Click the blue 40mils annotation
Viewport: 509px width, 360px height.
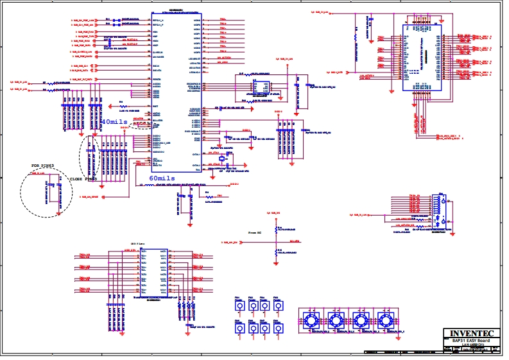coord(114,121)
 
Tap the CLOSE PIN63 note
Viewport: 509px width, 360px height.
coord(83,179)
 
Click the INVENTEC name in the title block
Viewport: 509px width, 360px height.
coord(472,334)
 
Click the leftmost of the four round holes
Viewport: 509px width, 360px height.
coord(311,320)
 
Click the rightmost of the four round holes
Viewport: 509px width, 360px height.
coord(385,320)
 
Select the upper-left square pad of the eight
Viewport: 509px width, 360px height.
coord(239,306)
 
